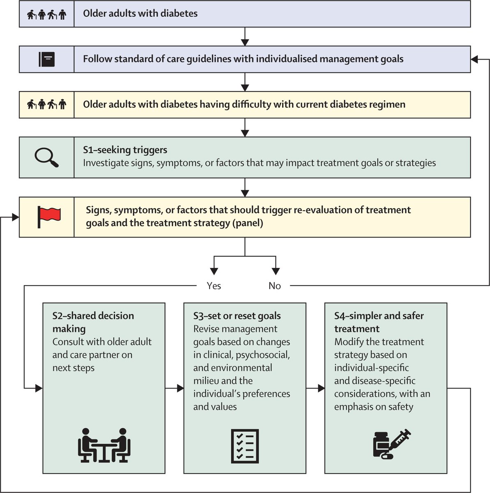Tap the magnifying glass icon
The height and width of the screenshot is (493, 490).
pyautogui.click(x=46, y=157)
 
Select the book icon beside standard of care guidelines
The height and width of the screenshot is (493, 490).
pyautogui.click(x=46, y=59)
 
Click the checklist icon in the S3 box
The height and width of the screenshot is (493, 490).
pyautogui.click(x=245, y=445)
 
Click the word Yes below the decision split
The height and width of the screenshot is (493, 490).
pyautogui.click(x=214, y=286)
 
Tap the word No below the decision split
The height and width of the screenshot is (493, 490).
pyautogui.click(x=274, y=286)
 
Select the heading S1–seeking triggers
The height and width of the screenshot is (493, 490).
pyautogui.click(x=125, y=150)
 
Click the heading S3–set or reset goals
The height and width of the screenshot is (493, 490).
pyautogui.click(x=237, y=316)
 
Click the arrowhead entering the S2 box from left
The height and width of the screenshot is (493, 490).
pyautogui.click(x=39, y=388)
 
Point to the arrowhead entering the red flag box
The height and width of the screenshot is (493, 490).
pyautogui.click(x=16, y=217)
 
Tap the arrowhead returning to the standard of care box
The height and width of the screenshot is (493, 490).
pyautogui.click(x=474, y=59)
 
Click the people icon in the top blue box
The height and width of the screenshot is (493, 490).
pyautogui.click(x=46, y=14)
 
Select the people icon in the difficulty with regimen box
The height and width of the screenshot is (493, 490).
pyautogui.click(x=46, y=104)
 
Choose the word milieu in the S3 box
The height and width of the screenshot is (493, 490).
pyautogui.click(x=207, y=381)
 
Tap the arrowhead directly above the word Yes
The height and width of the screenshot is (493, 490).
pyautogui.click(x=214, y=271)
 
